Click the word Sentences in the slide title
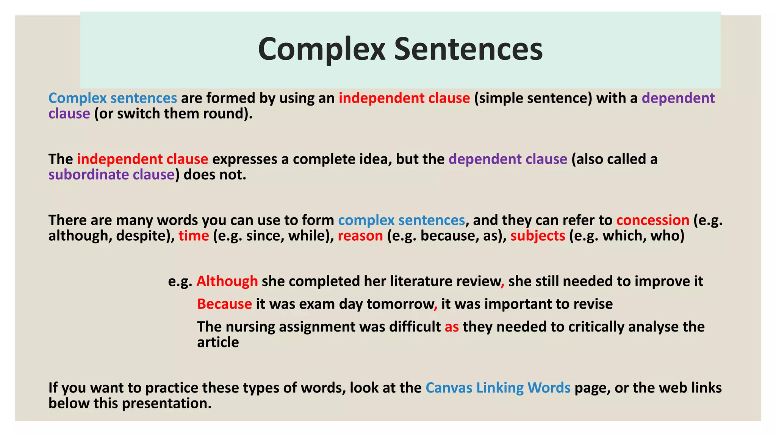click(x=468, y=49)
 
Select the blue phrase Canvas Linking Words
click(x=498, y=388)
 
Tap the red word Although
click(x=227, y=281)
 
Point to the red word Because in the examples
click(x=224, y=304)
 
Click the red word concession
click(x=652, y=220)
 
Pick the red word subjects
click(x=538, y=236)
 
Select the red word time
click(x=194, y=236)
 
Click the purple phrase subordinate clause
click(x=111, y=174)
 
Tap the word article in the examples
click(x=218, y=342)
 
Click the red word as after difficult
click(x=452, y=327)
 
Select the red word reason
click(x=360, y=236)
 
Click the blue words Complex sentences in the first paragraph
click(x=113, y=98)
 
